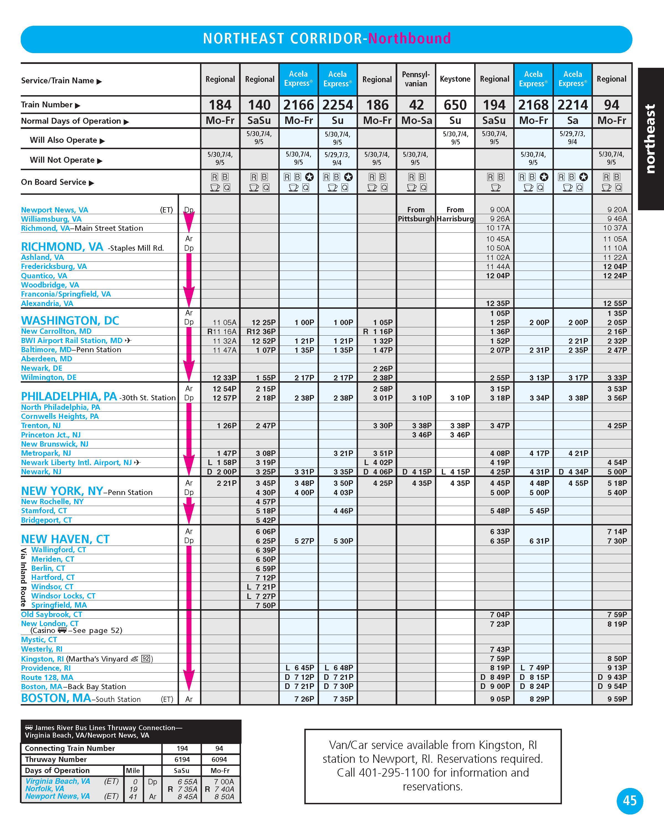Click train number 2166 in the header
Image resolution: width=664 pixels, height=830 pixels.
coord(298,105)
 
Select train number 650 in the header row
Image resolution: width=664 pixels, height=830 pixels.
coord(455,105)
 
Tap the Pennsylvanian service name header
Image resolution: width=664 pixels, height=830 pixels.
coord(416,79)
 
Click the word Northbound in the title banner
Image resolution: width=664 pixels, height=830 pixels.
coord(409,38)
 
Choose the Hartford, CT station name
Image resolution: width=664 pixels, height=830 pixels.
coord(53,577)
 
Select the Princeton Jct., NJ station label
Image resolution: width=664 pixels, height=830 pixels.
coord(51,435)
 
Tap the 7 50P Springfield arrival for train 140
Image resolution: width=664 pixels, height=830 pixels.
coord(266,605)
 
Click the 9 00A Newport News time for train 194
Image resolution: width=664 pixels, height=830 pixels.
coord(500,210)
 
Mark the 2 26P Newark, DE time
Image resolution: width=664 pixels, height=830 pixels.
coord(383,369)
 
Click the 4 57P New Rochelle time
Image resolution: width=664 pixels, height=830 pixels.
coord(266,502)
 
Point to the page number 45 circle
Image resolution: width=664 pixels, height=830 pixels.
coord(629,801)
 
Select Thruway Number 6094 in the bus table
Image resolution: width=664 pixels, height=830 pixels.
coord(219,759)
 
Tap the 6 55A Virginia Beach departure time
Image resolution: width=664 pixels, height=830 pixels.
coord(188,782)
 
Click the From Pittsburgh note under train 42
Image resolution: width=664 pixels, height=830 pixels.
coord(416,214)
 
